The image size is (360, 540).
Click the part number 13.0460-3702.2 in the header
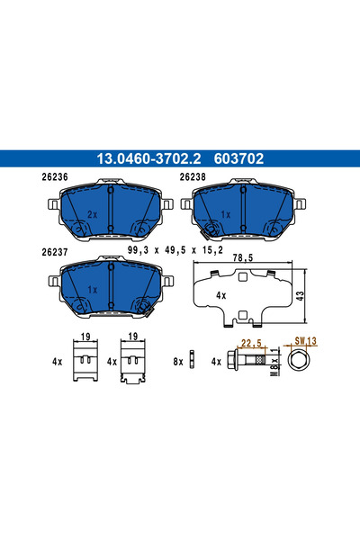click(x=144, y=158)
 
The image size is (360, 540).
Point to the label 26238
click(x=193, y=177)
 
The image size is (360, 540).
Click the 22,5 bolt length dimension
click(x=250, y=342)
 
